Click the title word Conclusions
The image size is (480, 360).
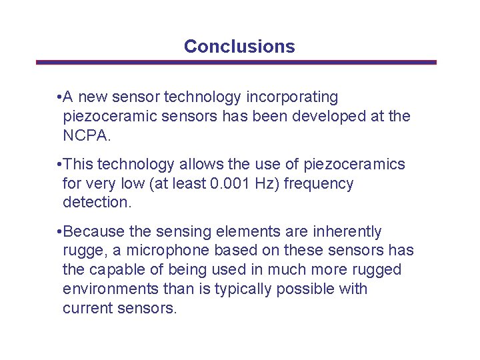point(239,47)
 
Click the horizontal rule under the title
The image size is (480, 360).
point(236,63)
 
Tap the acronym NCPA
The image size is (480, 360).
point(86,136)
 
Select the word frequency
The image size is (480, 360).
point(319,183)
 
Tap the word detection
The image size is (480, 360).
point(95,202)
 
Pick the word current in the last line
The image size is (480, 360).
point(85,309)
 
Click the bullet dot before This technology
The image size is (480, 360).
point(60,164)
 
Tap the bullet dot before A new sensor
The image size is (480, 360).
point(60,97)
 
